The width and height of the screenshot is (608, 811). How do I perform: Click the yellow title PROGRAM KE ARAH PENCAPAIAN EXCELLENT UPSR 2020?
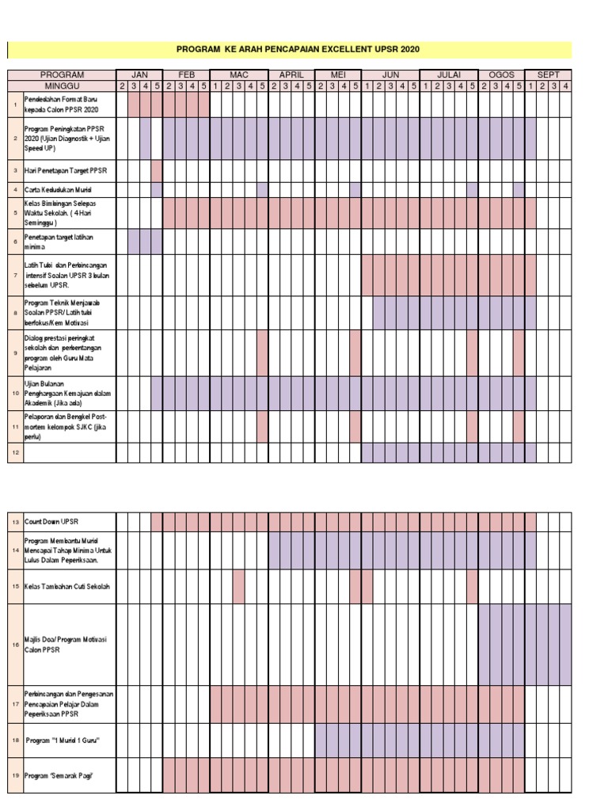298,50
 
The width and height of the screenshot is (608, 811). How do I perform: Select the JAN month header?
139,74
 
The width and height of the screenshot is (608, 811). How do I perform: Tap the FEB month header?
186,74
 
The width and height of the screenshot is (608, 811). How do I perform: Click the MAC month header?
239,74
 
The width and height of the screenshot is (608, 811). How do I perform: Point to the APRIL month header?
291,74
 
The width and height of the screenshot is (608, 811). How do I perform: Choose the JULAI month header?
449,74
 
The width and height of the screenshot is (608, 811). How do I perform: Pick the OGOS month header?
502,74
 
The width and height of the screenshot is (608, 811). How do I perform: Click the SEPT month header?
549,74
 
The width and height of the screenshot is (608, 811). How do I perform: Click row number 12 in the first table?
15,452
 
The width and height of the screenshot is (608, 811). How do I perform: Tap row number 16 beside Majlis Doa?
15,645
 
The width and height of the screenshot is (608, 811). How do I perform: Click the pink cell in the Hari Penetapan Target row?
157,170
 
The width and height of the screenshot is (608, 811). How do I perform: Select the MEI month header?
338,74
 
